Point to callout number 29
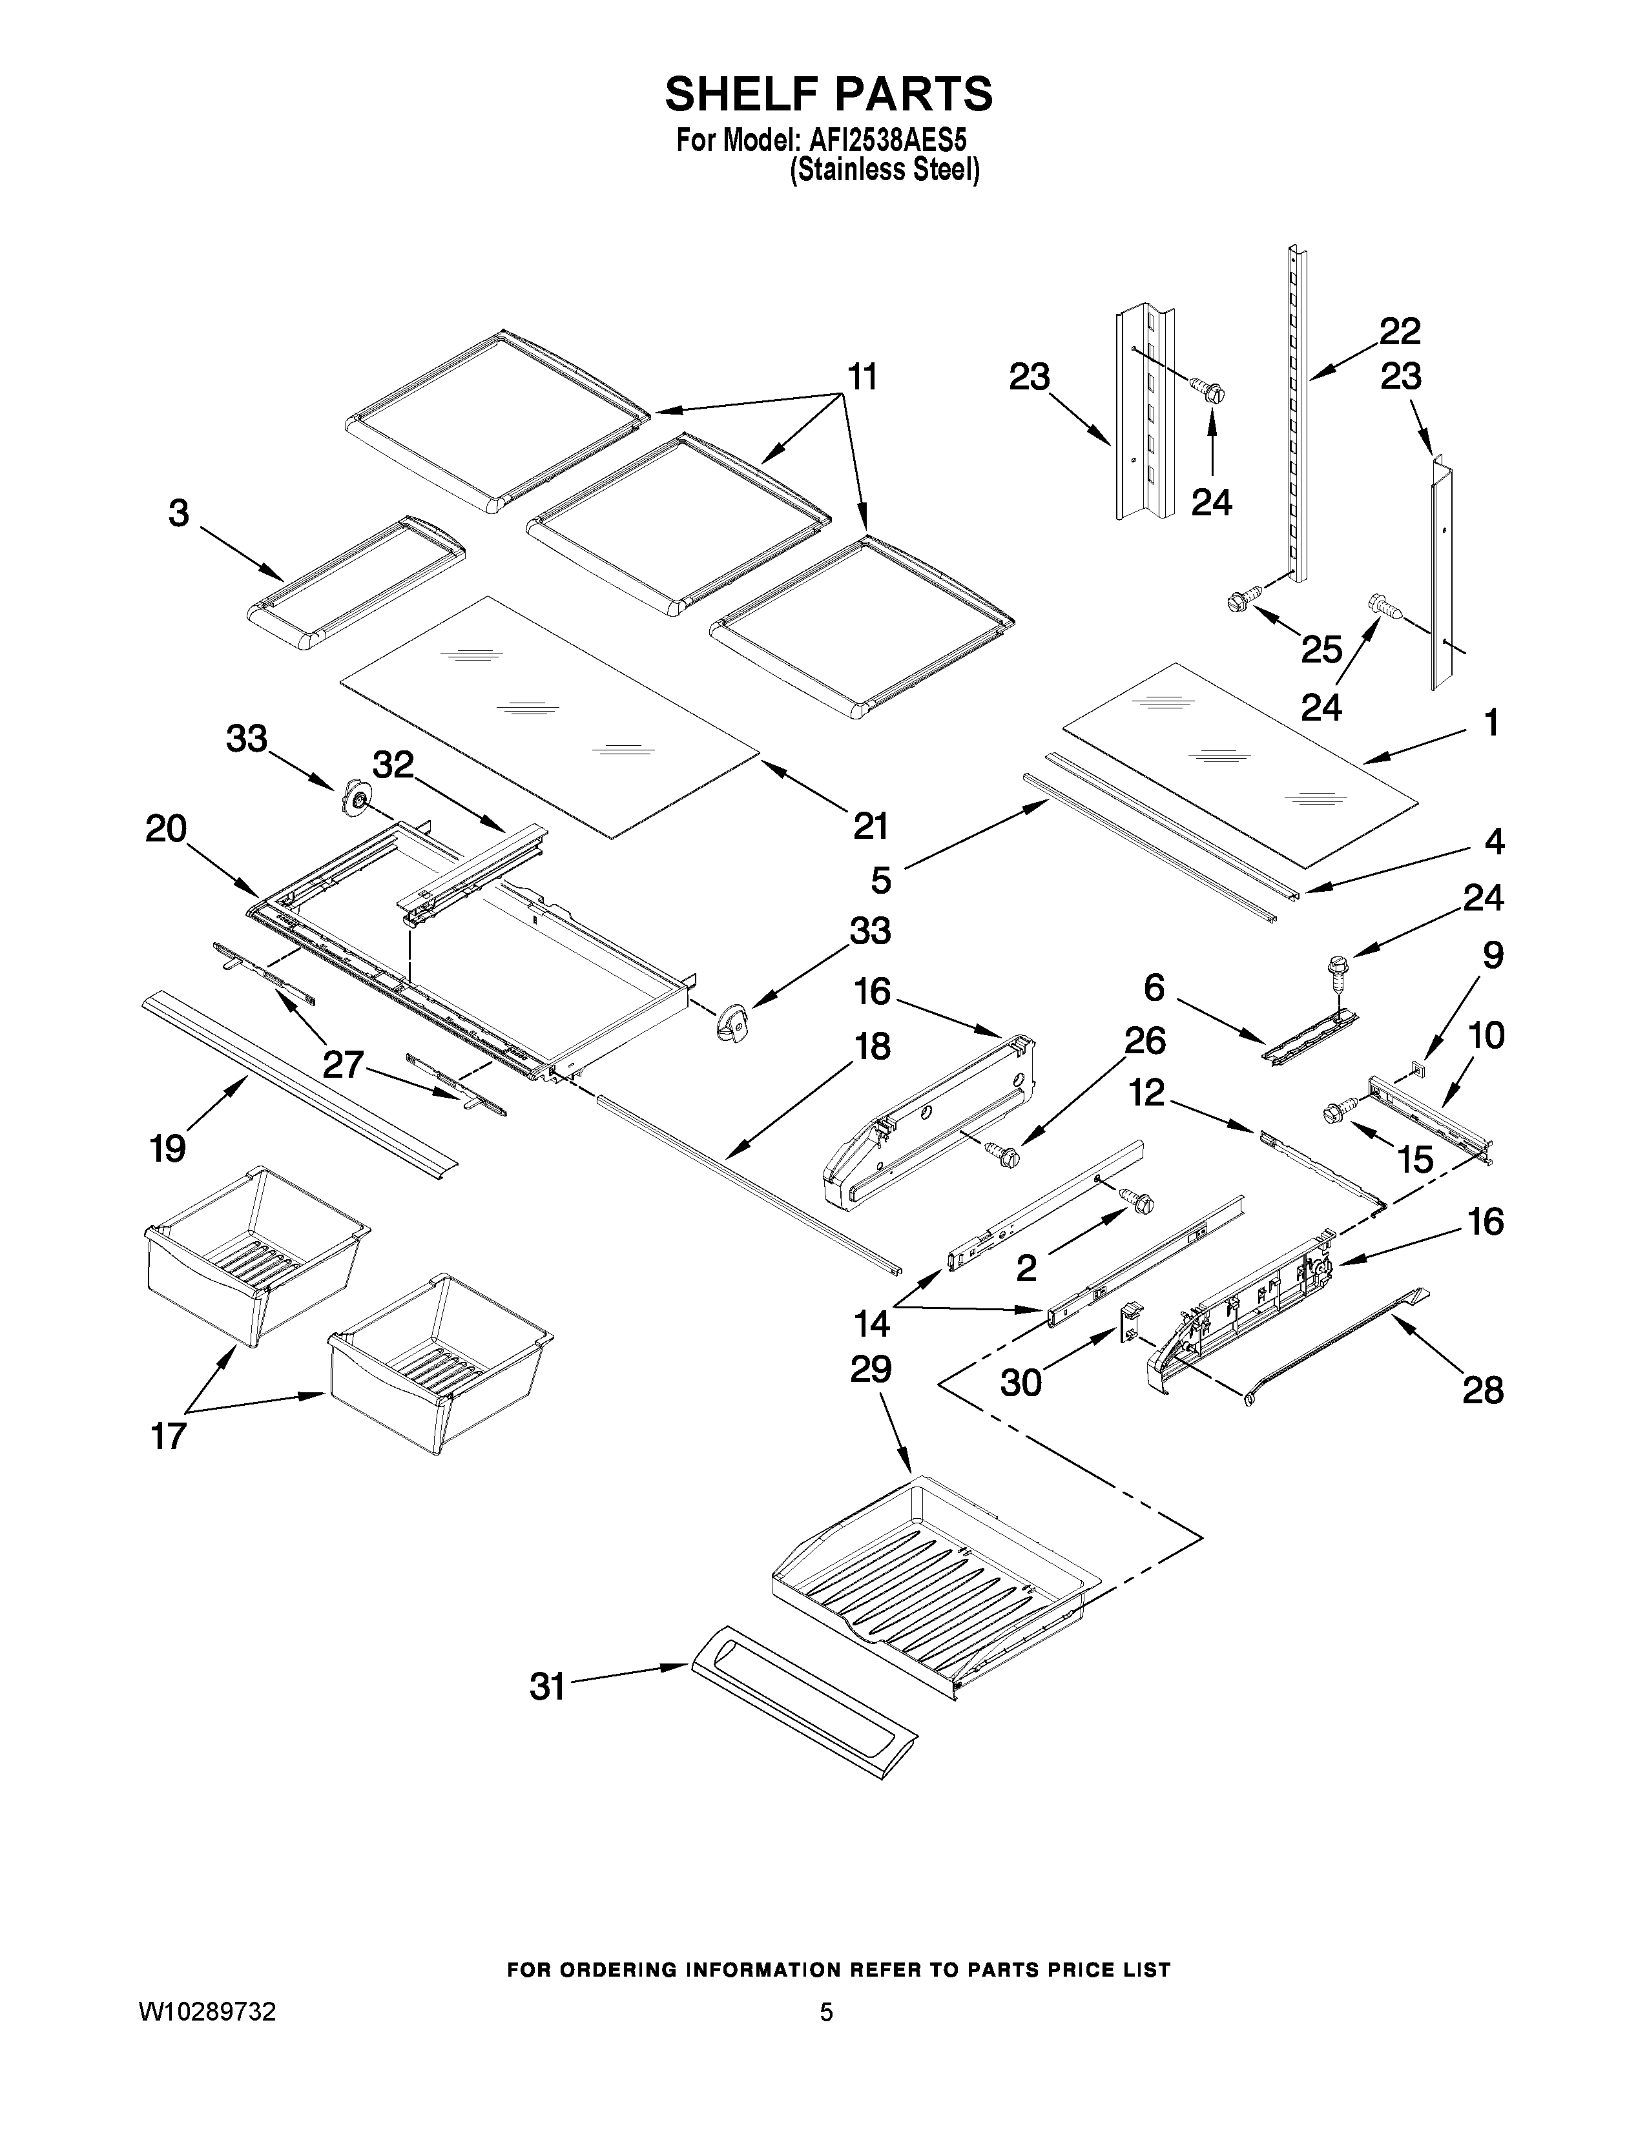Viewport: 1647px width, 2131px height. pyautogui.click(x=871, y=1369)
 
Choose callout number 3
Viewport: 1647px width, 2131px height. pyautogui.click(x=178, y=513)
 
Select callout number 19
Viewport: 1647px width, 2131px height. pyautogui.click(x=168, y=1148)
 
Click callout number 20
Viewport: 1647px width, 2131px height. pyautogui.click(x=167, y=829)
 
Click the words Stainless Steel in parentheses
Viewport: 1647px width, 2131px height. pyautogui.click(x=884, y=170)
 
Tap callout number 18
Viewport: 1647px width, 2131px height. pyautogui.click(x=871, y=1047)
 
